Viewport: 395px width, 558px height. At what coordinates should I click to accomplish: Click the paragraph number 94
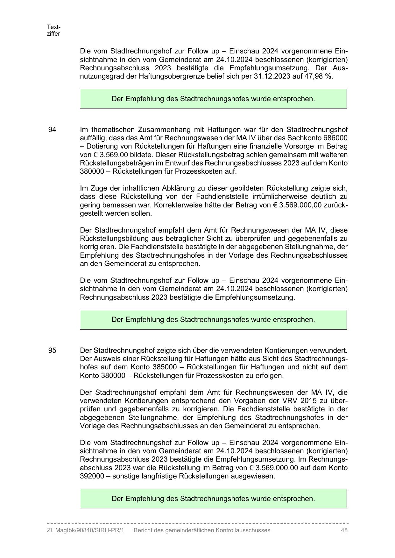click(x=52, y=130)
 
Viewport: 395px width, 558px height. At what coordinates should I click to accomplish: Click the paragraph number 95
click(x=52, y=351)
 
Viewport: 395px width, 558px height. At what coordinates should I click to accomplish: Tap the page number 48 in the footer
click(x=344, y=530)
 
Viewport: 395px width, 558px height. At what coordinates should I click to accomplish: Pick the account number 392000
click(x=92, y=476)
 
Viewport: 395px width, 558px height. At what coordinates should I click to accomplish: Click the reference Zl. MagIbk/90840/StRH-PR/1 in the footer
click(x=85, y=530)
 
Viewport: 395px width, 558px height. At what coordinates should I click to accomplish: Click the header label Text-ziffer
click(x=53, y=30)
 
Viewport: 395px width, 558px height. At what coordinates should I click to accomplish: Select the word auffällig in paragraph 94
click(x=91, y=138)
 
